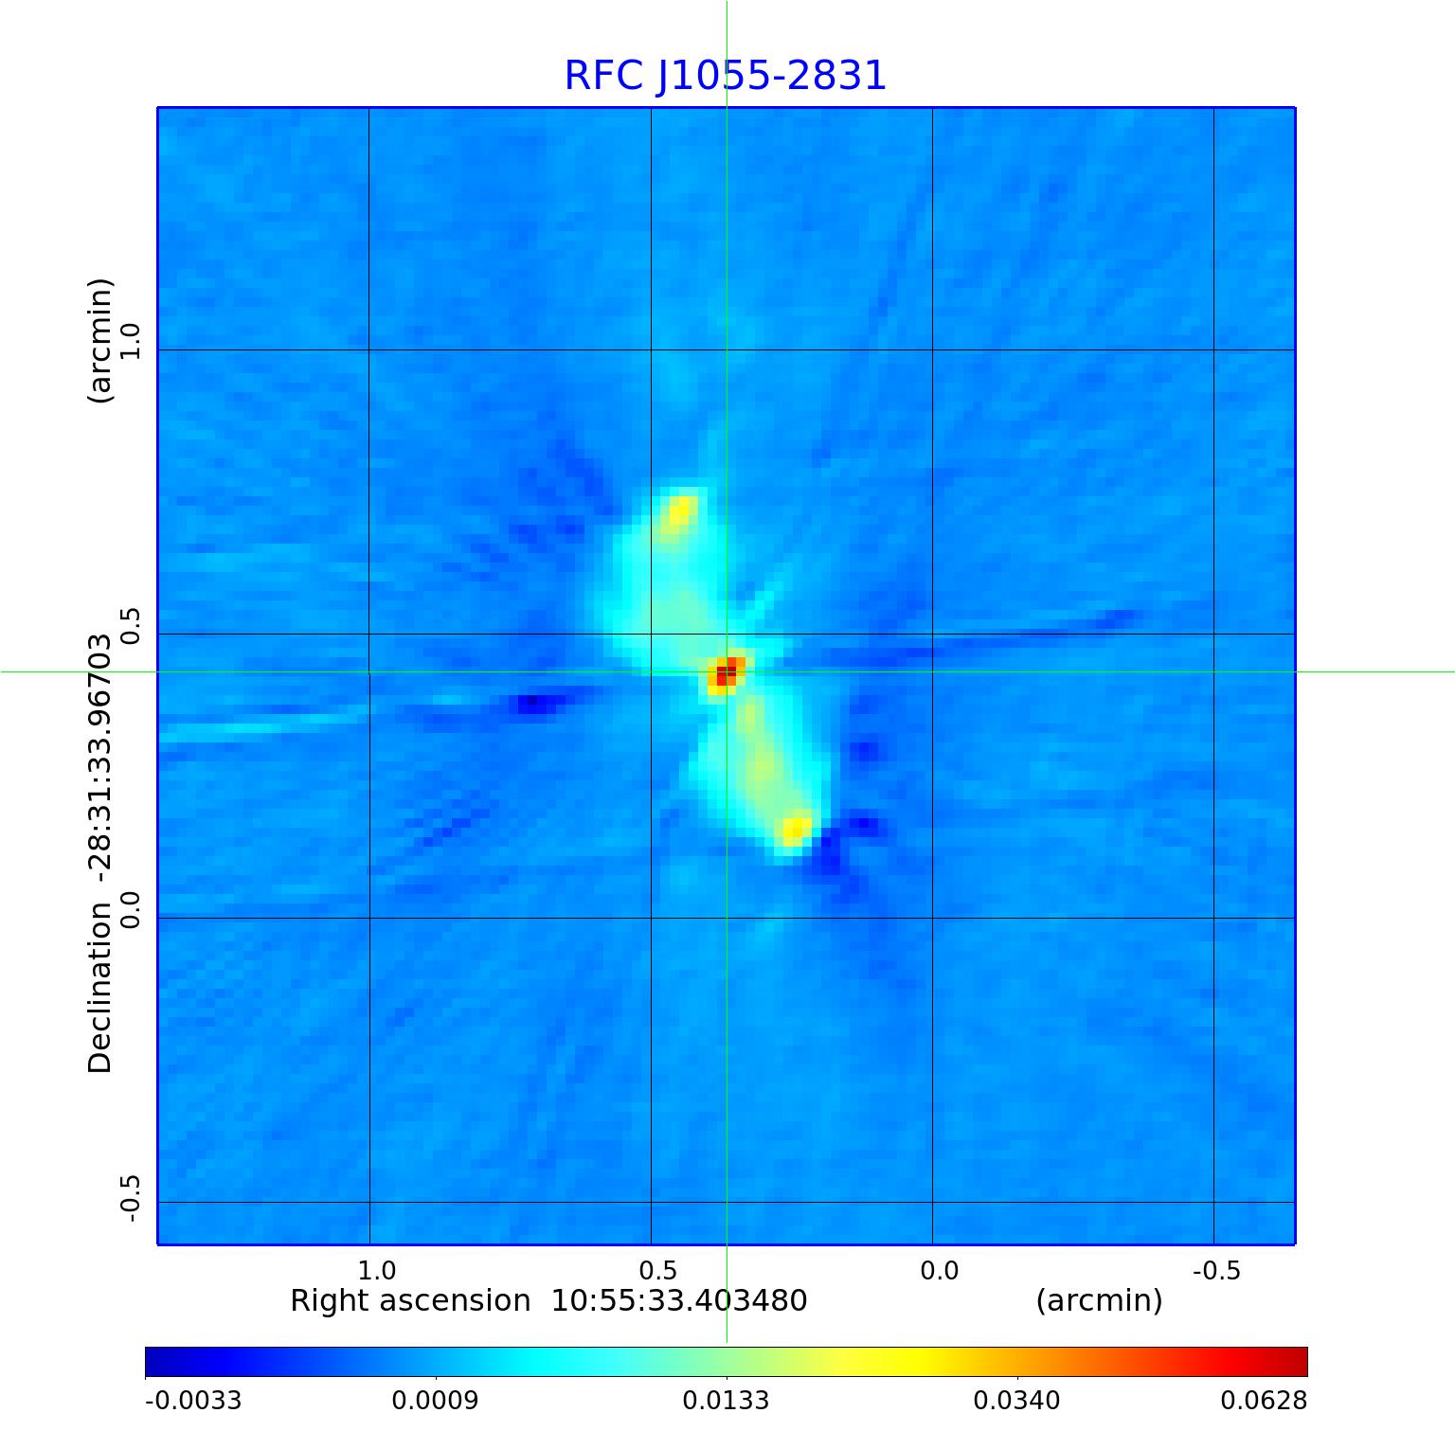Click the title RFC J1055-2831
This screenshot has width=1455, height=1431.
725,76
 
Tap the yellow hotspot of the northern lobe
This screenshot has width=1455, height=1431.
679,512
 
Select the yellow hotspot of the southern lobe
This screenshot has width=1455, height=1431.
794,831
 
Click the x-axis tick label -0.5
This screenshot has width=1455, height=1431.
1216,1270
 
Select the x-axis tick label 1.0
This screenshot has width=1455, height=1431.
377,1270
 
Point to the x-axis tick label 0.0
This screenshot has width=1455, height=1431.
940,1270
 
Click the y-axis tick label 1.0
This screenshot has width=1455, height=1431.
130,341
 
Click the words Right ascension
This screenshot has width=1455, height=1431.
410,1301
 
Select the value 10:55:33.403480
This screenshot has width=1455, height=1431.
679,1301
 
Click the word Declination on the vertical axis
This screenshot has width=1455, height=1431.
99,988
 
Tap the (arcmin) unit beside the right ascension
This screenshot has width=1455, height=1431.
1099,1301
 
